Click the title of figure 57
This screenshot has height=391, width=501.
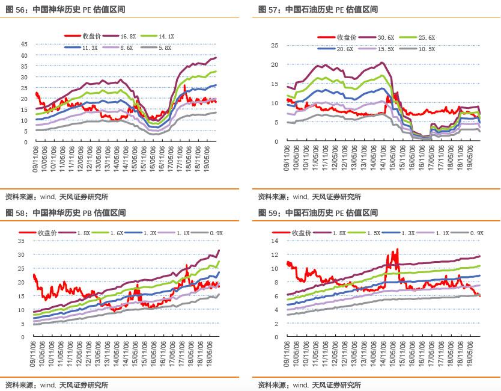tap(318, 10)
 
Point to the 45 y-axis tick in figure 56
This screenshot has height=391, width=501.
tap(25, 45)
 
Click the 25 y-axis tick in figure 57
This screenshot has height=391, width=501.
tap(276, 46)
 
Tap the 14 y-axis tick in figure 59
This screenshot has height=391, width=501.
tap(276, 241)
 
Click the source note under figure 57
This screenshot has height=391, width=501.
tap(309, 197)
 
